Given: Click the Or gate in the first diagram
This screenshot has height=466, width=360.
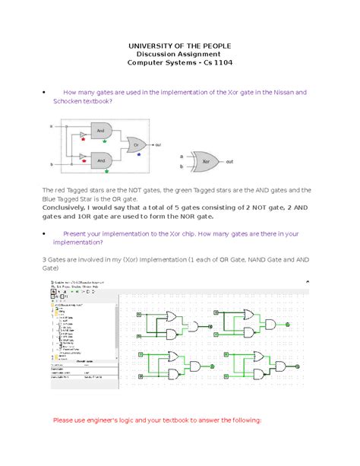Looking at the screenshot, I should point(136,144).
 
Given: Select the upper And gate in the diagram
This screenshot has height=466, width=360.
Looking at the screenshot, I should point(101,130).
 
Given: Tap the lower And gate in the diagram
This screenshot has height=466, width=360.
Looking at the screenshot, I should point(101,160).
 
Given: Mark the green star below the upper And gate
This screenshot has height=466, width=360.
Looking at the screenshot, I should point(106,141).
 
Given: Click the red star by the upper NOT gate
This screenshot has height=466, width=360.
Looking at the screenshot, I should point(83,141).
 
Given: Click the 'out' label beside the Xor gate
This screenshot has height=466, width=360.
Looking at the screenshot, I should point(229,161).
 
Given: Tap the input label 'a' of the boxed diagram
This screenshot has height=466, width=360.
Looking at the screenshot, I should point(51,125).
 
